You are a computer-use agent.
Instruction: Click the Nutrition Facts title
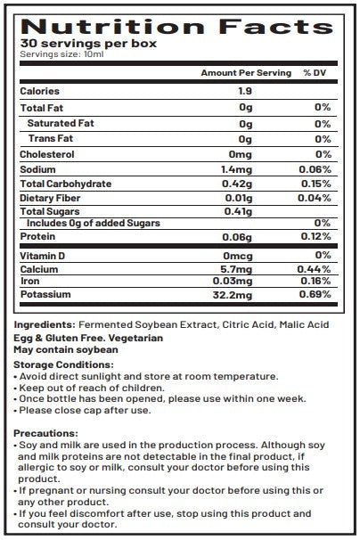pos(179,26)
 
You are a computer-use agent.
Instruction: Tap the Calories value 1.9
pos(246,91)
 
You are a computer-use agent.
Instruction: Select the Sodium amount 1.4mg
pos(246,169)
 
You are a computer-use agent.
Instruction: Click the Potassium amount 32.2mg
pos(246,293)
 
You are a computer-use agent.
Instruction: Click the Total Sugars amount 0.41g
pos(246,211)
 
